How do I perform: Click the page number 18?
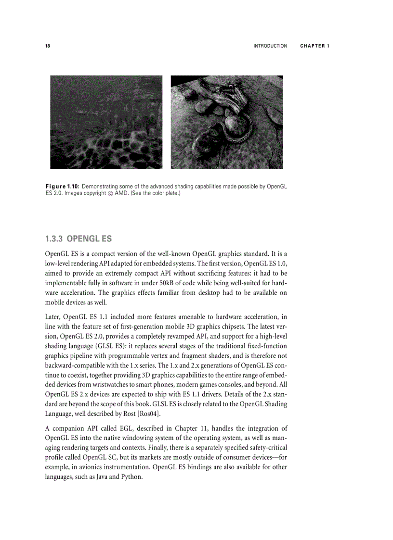point(47,46)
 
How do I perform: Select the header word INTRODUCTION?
point(270,46)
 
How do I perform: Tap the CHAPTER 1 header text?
point(314,46)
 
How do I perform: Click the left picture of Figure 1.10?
point(106,122)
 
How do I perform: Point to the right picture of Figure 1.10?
point(227,122)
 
